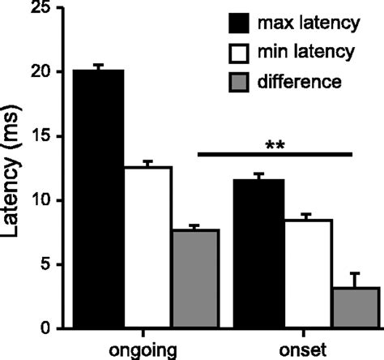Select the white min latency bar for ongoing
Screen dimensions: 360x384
[147, 247]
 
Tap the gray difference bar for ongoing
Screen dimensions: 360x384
[195, 279]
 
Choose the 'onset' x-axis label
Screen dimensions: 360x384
[306, 349]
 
